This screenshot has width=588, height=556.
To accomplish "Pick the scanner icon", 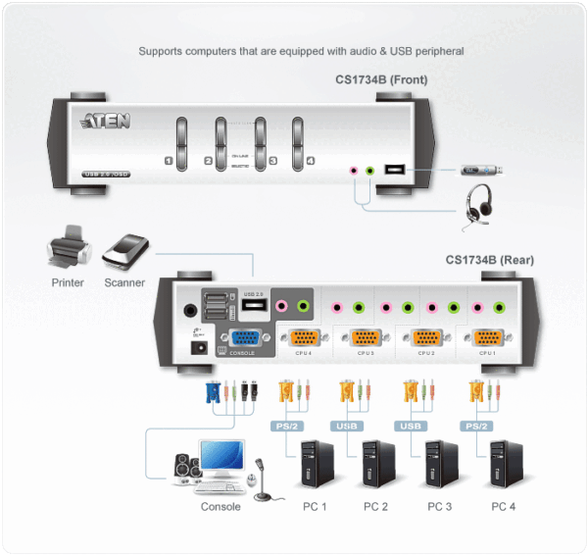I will click(124, 252).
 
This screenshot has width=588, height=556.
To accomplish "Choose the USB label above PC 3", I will click(411, 427).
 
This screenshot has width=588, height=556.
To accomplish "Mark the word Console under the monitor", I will click(220, 507).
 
